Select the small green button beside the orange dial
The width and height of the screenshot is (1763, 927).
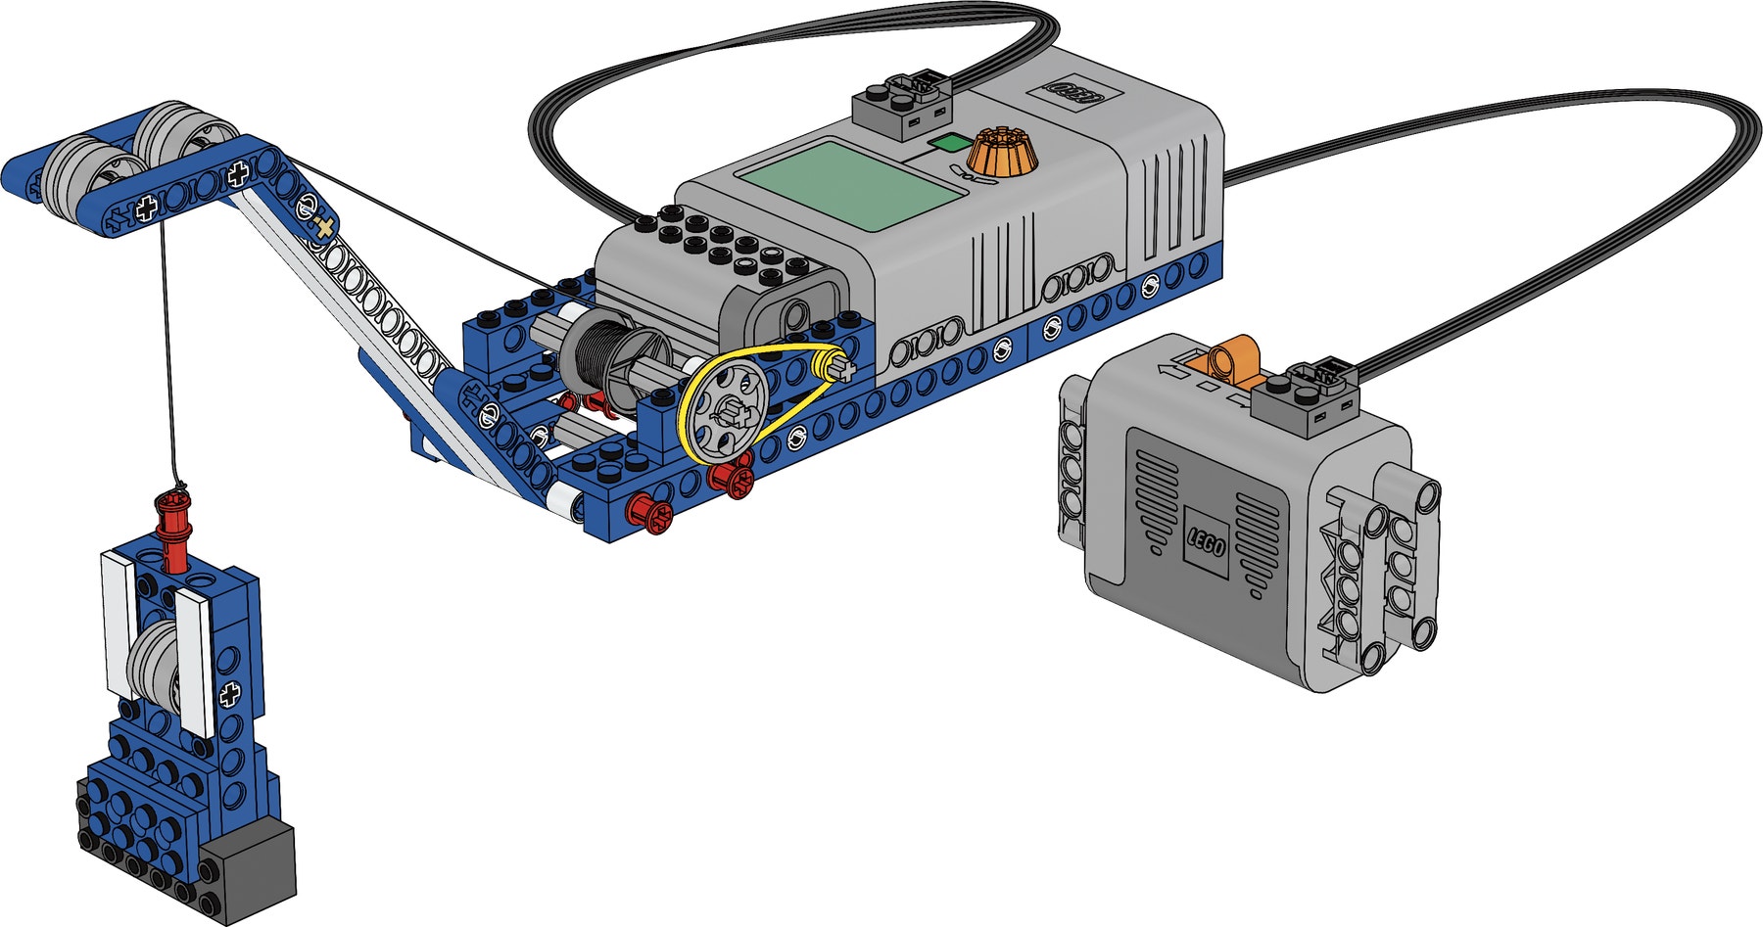pyautogui.click(x=946, y=144)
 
